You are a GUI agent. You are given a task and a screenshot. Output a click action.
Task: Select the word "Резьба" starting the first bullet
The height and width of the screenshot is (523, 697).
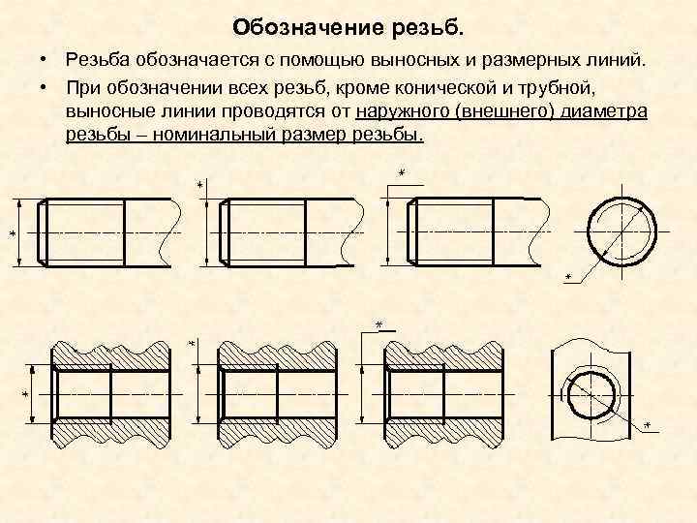pos(100,62)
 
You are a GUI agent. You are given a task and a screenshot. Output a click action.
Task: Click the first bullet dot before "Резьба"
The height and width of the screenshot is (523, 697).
pos(45,62)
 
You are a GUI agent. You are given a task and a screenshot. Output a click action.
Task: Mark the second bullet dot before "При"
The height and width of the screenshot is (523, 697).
pos(45,87)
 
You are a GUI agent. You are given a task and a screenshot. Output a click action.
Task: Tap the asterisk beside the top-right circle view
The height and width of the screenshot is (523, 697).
pos(567,279)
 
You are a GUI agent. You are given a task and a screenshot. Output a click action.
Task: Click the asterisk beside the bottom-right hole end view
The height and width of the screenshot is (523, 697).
pos(647,426)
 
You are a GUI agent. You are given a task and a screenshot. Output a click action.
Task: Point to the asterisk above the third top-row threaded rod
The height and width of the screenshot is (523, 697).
pos(401,173)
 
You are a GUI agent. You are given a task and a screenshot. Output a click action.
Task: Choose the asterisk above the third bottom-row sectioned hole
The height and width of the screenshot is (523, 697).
pos(379,323)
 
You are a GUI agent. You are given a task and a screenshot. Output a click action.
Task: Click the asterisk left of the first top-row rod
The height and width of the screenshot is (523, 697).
pos(14,234)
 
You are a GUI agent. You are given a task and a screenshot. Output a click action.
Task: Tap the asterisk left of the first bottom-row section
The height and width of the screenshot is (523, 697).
pos(25,394)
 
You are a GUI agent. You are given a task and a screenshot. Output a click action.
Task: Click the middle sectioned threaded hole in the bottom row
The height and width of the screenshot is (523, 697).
pos(277,393)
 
